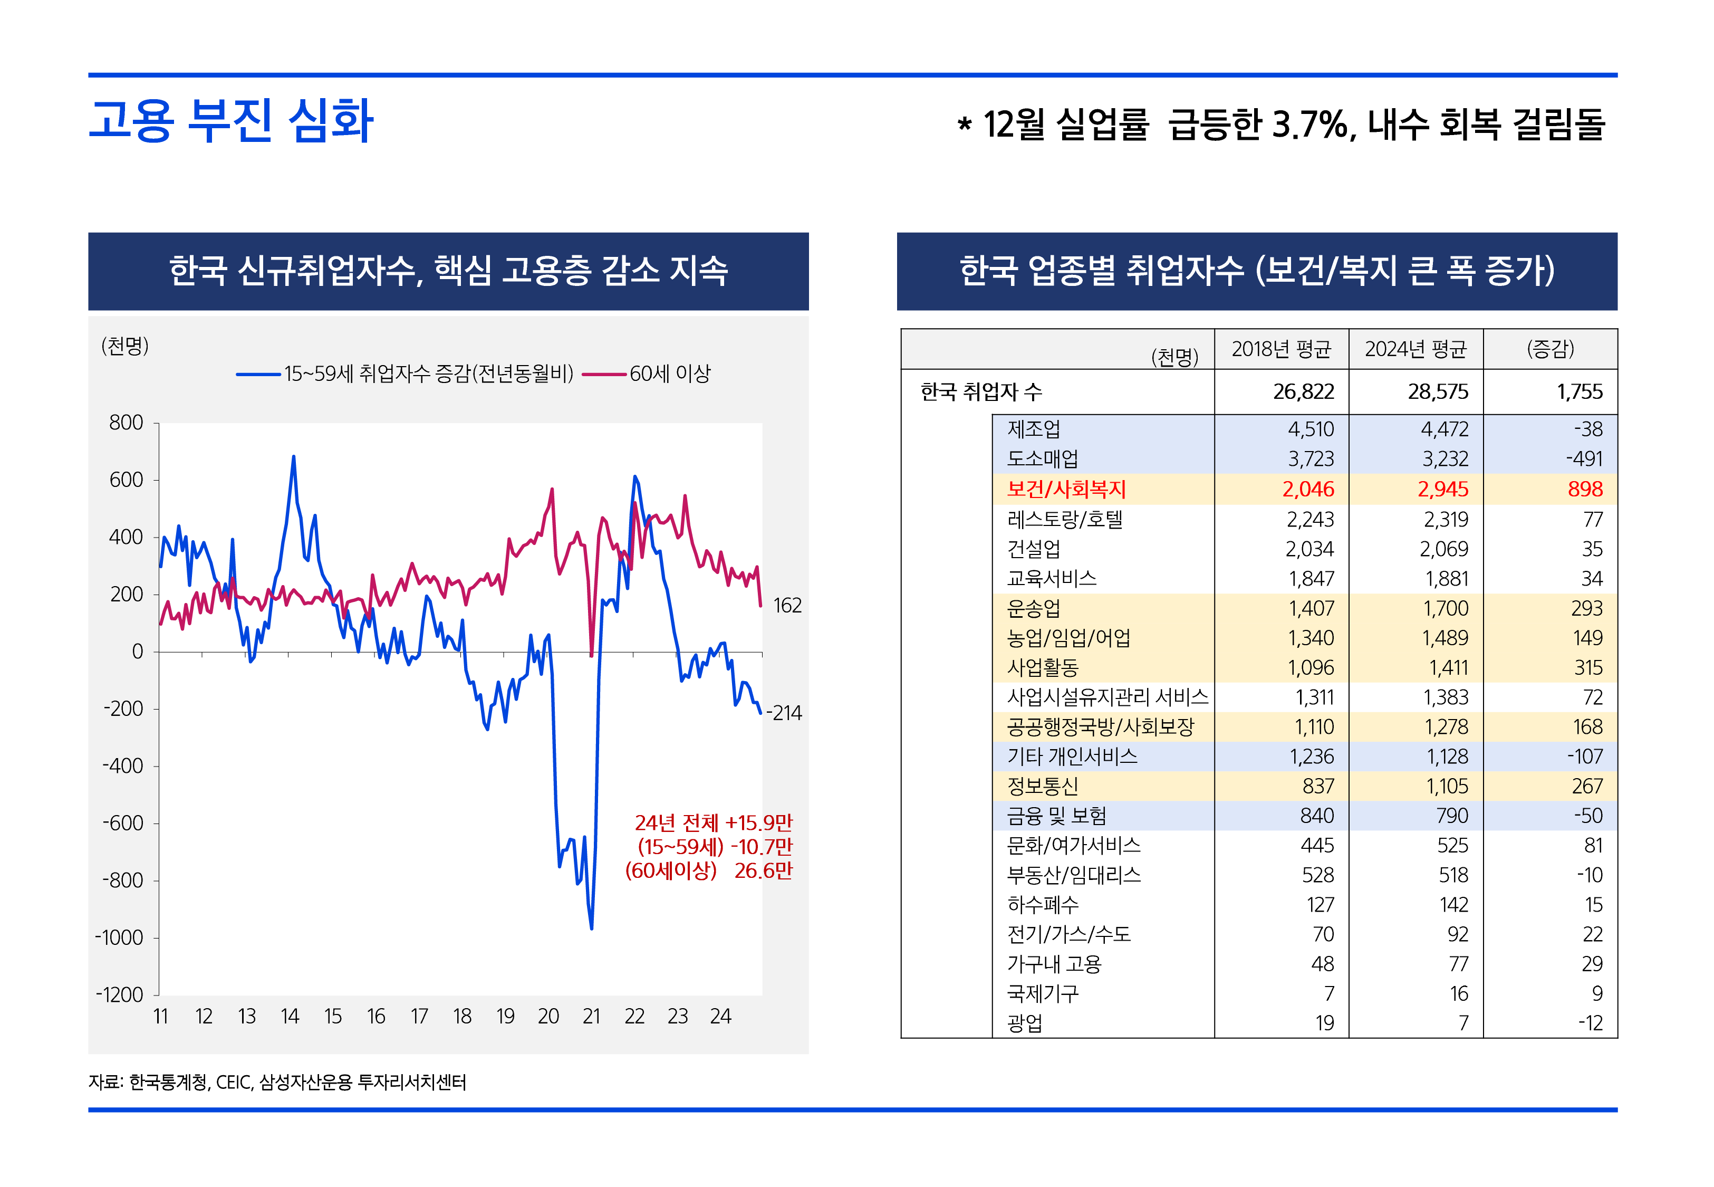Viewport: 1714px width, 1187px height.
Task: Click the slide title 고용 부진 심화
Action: coord(230,120)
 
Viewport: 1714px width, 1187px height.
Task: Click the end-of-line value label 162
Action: coord(787,606)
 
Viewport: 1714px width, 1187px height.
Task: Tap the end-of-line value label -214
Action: coord(784,713)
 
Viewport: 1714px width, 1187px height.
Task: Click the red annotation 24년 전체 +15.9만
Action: coord(713,822)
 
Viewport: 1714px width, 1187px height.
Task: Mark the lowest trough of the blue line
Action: coord(592,928)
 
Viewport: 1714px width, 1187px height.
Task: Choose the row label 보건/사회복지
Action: coord(1066,490)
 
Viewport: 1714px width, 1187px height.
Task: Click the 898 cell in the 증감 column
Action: coord(1585,490)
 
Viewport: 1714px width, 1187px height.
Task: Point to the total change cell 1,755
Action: coord(1580,392)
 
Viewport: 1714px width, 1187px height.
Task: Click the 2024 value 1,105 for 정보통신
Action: coord(1447,786)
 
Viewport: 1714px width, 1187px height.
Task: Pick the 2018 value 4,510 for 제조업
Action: coord(1311,429)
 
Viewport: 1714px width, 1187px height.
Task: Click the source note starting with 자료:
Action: coord(277,1082)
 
